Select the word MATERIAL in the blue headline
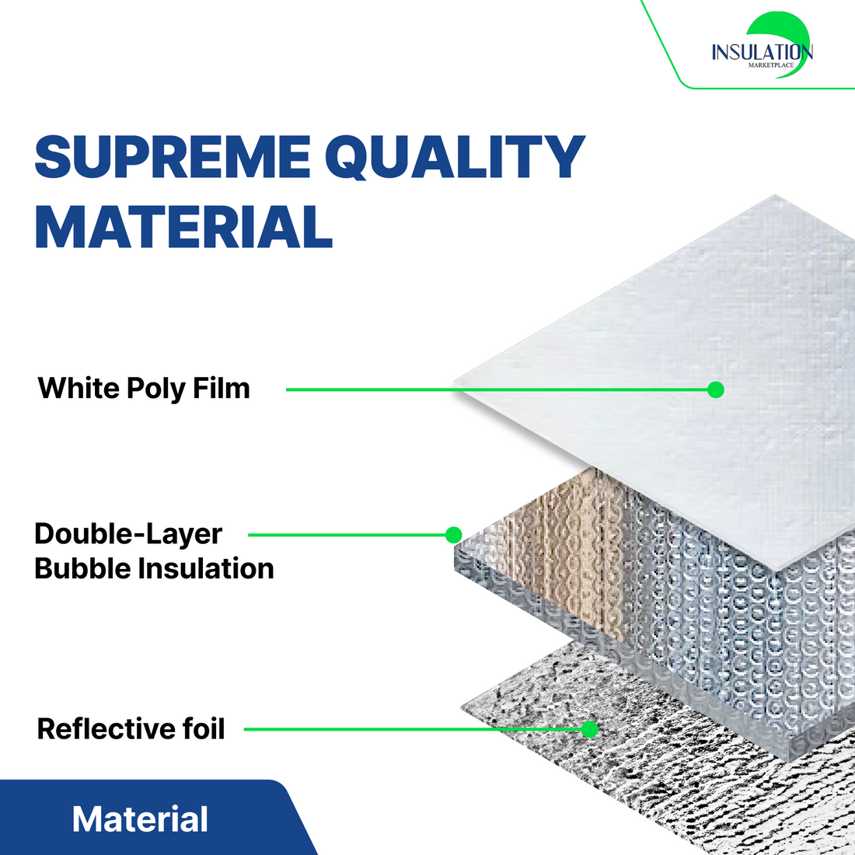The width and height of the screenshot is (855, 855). (183, 226)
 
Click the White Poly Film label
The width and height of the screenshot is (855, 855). (144, 389)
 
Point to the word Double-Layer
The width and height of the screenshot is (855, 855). (129, 534)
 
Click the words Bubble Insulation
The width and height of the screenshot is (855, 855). (155, 568)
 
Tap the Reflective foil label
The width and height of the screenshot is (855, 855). (131, 728)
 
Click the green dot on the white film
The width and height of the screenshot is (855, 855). (715, 389)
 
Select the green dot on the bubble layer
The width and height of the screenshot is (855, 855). (454, 535)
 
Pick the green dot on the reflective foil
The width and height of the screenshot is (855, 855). (589, 729)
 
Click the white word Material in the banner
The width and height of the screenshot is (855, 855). (140, 819)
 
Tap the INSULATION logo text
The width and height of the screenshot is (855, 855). (763, 52)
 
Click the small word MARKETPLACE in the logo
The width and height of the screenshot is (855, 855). (771, 65)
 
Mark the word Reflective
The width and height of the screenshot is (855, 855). (106, 728)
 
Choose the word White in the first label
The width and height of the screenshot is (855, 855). (79, 388)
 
